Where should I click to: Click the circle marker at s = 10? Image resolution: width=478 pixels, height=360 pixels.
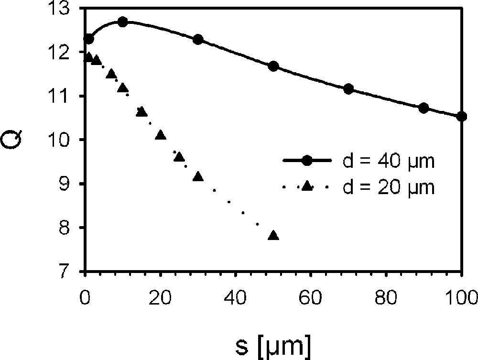tap(123, 22)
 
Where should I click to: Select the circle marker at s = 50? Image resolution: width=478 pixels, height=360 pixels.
tap(273, 66)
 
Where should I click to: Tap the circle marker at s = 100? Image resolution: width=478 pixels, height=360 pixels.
tap(462, 116)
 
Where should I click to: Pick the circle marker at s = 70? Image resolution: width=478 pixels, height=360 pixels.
tap(348, 89)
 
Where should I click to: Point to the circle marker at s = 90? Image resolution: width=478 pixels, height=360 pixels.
tap(424, 108)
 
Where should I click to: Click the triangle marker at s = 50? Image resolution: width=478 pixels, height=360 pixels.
tap(273, 235)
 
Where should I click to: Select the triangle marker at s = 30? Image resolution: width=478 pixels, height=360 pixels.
tap(198, 176)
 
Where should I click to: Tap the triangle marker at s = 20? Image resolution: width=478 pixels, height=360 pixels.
tap(161, 135)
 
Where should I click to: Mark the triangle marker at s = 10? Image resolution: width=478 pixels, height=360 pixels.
tap(123, 88)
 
